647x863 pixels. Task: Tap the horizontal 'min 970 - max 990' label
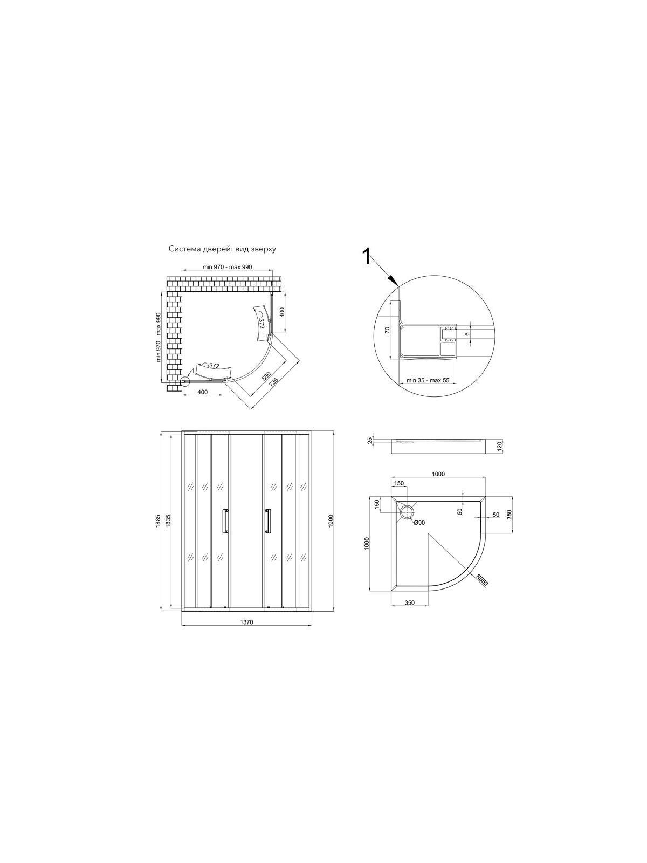coord(226,267)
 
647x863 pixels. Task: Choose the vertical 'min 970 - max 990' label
coord(158,337)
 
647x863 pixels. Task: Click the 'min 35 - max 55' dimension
coord(428,380)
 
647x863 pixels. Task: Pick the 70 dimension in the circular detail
coord(387,330)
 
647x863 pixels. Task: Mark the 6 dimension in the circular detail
coord(467,334)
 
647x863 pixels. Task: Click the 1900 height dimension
coord(331,521)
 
